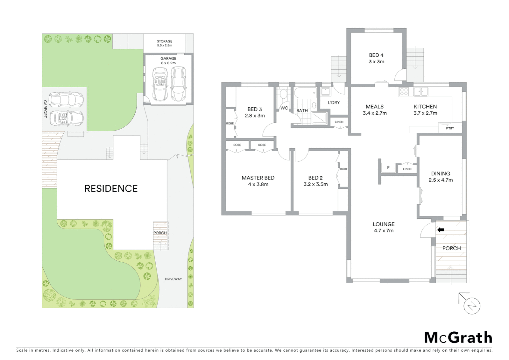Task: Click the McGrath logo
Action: click(458, 337)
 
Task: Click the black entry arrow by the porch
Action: click(441, 230)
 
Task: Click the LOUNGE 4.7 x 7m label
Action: click(383, 227)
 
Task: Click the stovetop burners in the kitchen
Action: click(404, 92)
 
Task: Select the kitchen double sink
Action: click(420, 91)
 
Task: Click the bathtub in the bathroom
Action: click(305, 93)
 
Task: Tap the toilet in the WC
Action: click(283, 94)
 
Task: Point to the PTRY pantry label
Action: click(450, 128)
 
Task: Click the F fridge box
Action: click(388, 168)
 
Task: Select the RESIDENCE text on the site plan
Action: click(111, 189)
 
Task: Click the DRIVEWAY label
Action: click(173, 279)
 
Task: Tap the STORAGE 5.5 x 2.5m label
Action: click(165, 43)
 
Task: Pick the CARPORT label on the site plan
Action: click(45, 109)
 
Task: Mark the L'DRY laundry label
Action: click(333, 103)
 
